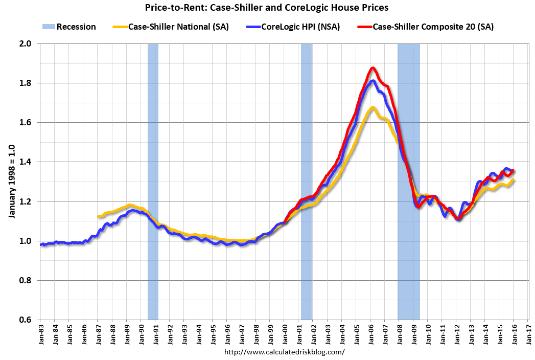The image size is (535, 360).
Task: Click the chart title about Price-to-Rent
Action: (267, 8)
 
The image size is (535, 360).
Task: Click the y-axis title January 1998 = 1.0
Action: (11, 182)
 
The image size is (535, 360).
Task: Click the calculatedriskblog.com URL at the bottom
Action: (285, 352)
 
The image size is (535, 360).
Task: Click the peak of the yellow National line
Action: (373, 107)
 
